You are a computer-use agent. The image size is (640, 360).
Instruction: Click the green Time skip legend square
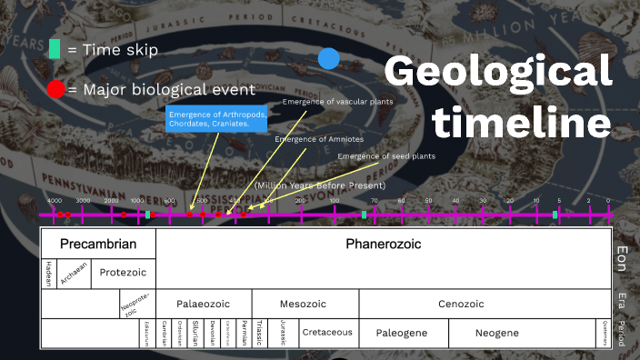coord(55,50)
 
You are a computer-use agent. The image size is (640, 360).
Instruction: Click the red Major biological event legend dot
coord(55,89)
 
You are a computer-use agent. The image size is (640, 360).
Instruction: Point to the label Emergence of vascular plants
coord(337,102)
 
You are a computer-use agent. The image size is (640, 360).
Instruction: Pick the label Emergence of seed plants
coord(386,156)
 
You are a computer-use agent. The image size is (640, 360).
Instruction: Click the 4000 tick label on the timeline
coord(55,201)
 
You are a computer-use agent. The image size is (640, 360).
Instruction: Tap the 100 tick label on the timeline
coord(335,201)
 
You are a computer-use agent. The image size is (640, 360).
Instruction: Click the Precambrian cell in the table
coord(98,244)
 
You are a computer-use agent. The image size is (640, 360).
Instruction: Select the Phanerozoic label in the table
coord(383,244)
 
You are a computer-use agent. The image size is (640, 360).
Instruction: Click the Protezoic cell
coord(123,272)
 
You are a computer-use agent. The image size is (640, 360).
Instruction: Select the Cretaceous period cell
coord(327,333)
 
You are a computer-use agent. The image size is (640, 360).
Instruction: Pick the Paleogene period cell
coord(402,333)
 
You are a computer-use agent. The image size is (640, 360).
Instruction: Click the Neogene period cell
coord(496,333)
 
